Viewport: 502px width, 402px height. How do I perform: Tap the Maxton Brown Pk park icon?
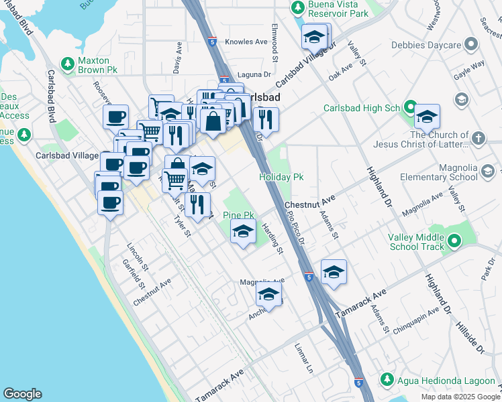[x=67, y=64]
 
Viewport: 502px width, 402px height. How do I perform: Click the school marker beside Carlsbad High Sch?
[x=426, y=118]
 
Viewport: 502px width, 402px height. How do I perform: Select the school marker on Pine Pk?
[x=243, y=232]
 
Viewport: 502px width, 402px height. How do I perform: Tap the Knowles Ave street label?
[x=247, y=42]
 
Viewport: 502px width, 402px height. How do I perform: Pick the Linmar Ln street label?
[x=304, y=359]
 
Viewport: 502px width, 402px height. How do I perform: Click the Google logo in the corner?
[x=22, y=394]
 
